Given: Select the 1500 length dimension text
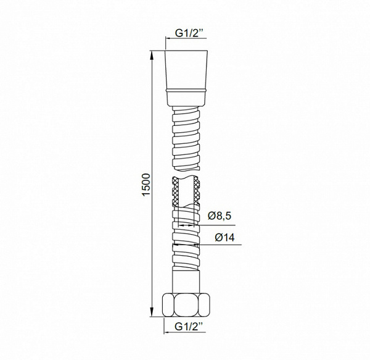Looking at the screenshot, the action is tap(146, 184).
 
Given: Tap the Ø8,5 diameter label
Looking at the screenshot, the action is tap(220, 216).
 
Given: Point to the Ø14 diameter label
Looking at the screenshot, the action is tap(224, 238).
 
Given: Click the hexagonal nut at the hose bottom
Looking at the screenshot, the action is tap(186, 304).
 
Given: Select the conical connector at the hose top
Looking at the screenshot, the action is tap(186, 78).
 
